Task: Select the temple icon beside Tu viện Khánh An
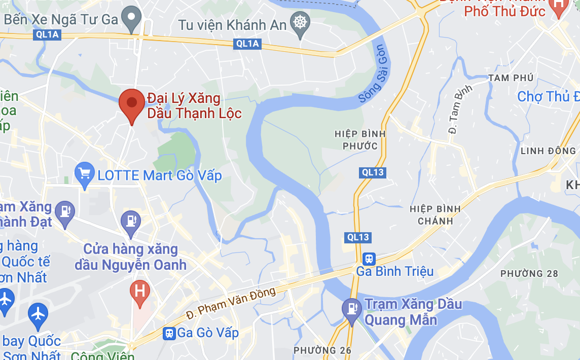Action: tap(300, 23)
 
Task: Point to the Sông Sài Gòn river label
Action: tap(373, 75)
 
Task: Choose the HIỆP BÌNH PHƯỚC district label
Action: tap(360, 140)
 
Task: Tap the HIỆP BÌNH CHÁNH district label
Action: tap(436, 215)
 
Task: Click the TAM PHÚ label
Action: tap(511, 78)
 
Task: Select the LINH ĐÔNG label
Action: tap(548, 151)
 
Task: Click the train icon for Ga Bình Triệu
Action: tap(369, 259)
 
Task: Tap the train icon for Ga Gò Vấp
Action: tap(168, 333)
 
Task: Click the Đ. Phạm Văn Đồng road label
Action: tap(231, 303)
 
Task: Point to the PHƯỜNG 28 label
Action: tap(529, 274)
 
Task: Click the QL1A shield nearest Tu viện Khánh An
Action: tap(247, 44)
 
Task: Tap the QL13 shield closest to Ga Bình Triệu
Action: tap(358, 237)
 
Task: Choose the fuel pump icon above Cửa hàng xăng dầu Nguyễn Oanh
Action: tap(131, 221)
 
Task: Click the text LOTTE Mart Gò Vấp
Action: tap(160, 176)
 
